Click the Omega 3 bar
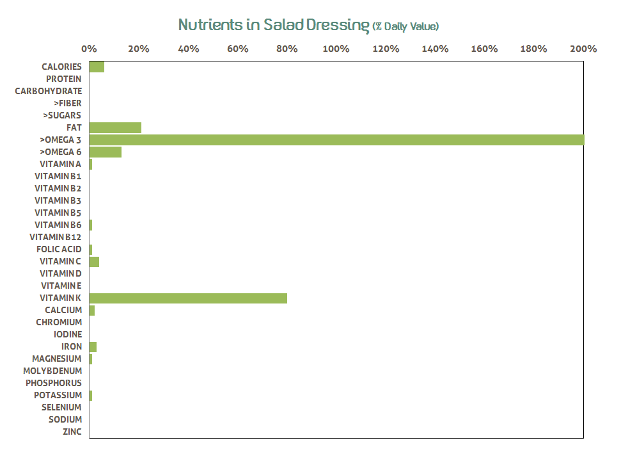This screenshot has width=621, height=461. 336,140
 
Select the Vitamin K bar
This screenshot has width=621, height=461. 188,298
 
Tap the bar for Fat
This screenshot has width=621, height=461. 115,127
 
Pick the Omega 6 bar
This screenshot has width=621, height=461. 106,152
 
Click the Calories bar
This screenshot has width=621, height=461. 97,67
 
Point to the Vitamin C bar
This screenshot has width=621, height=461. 94,261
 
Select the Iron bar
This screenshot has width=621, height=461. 93,346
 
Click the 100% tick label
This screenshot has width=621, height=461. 336,49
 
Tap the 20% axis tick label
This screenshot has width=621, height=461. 138,49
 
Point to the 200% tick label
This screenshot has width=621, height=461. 583,49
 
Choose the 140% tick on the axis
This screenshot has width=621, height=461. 435,49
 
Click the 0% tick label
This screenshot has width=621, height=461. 89,49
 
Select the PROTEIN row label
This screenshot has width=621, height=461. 63,79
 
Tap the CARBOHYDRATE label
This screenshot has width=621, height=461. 49,91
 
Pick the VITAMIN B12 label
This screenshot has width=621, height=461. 56,237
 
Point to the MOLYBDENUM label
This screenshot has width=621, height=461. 52,371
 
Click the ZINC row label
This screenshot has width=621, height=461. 72,432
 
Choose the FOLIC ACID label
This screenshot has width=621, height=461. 59,249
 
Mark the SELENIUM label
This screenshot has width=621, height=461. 61,407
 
